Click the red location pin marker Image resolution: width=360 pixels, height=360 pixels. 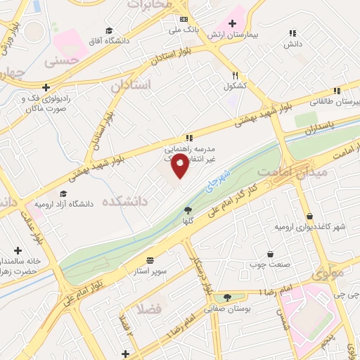180,168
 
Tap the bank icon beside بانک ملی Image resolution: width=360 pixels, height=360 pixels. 184,20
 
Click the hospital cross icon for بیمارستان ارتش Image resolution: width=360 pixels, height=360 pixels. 232,24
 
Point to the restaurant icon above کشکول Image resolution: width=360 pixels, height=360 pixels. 236,75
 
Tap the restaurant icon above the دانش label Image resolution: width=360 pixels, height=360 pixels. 292,33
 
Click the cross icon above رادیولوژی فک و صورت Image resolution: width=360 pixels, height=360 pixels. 46,88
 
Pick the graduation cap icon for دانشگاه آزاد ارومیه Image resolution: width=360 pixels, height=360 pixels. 63,193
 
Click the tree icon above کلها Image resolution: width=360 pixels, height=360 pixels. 188,210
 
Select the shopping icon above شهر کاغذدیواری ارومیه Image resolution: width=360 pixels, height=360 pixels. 309,216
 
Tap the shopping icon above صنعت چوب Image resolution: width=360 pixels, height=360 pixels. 270,255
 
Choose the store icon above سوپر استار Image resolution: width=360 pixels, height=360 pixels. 150,259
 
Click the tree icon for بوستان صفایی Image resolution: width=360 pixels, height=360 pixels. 226,297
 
